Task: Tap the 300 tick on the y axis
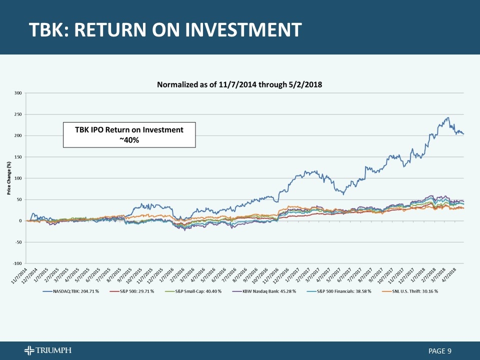click(18, 93)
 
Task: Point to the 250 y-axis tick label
click(18, 114)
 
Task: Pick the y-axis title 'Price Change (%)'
click(9, 178)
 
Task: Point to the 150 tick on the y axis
click(18, 157)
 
